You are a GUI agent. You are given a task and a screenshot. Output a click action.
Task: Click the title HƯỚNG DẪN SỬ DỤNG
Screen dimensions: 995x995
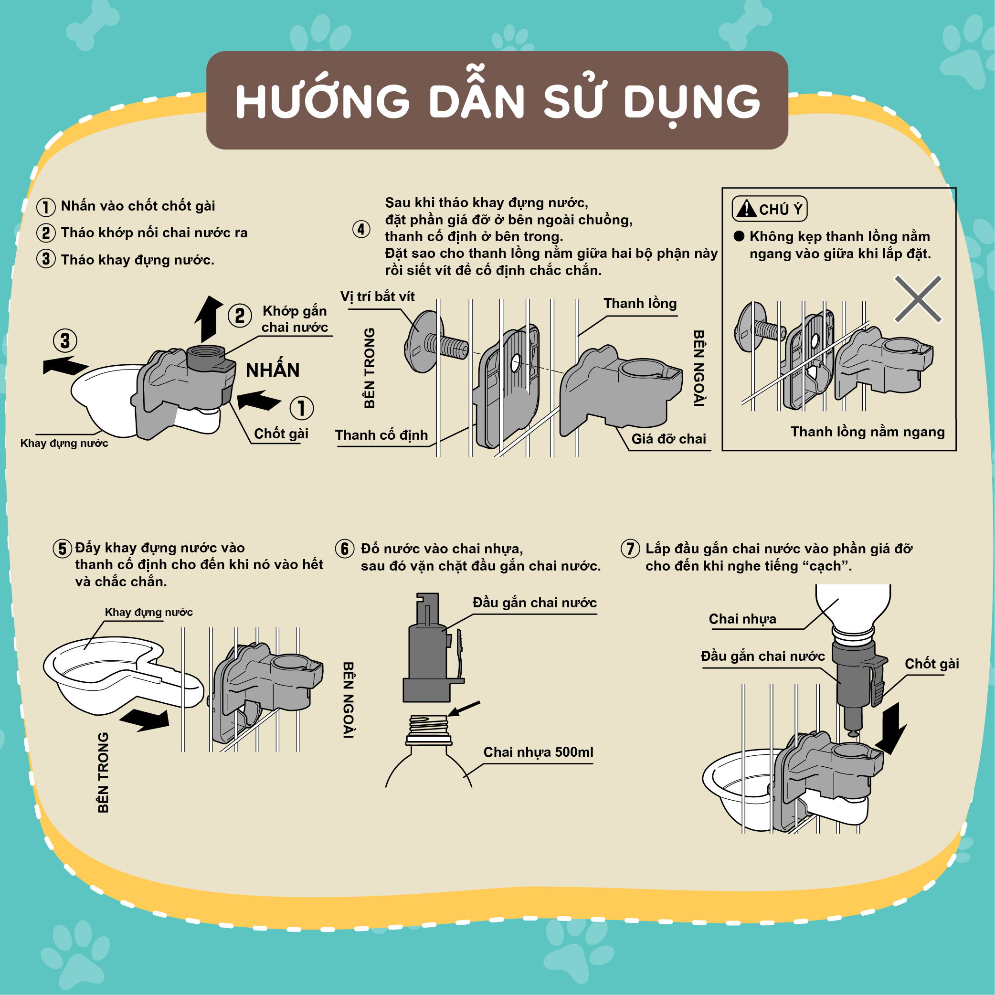point(497,101)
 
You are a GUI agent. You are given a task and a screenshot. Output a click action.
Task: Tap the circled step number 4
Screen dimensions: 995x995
point(361,229)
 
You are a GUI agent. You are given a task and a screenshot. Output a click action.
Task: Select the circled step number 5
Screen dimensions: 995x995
point(63,549)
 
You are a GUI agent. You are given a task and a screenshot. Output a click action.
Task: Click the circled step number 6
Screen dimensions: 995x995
point(345,549)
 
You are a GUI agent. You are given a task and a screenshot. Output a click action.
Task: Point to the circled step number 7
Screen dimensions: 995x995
point(630,549)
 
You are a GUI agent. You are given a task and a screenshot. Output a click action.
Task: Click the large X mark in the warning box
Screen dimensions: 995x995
point(918,299)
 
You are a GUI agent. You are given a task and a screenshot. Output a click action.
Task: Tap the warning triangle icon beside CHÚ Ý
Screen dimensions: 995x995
point(746,208)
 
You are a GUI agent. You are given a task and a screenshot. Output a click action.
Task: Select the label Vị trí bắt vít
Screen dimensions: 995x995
point(378,296)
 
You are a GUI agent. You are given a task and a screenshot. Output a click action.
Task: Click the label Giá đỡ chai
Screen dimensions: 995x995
point(668,439)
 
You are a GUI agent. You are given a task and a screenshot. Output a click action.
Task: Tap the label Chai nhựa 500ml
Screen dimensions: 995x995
point(538,752)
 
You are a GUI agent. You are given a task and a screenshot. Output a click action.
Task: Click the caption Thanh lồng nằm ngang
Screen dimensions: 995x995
point(868,432)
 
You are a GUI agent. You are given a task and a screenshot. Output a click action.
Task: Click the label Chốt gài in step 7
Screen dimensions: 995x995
point(931,664)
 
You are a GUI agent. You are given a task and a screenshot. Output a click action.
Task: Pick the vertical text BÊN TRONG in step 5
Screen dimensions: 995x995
point(104,773)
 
